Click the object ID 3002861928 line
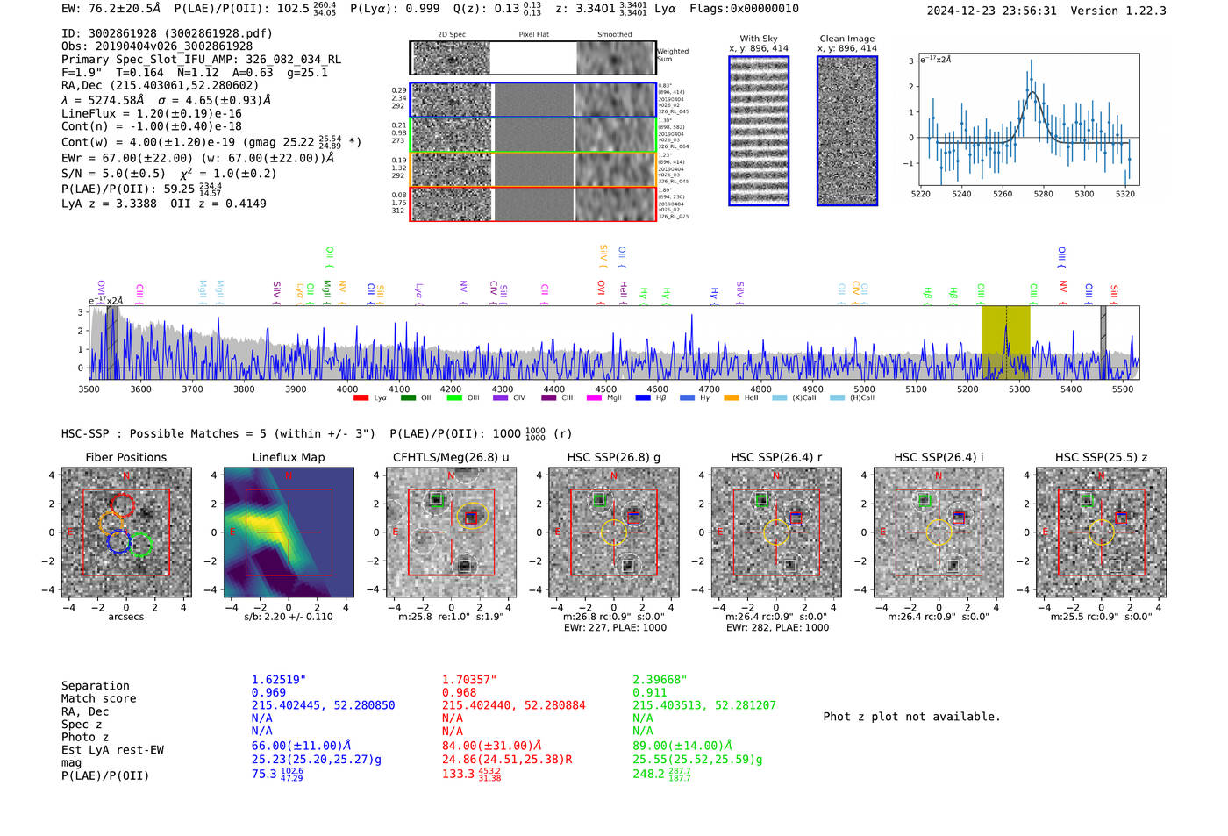click(x=167, y=33)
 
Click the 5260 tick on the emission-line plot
click(x=1003, y=194)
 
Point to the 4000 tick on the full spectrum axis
click(x=347, y=389)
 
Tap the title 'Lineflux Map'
click(x=289, y=457)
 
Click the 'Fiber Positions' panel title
click(x=125, y=457)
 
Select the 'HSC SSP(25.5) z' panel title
click(x=1101, y=457)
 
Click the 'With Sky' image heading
click(x=759, y=39)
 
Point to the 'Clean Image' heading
click(x=846, y=39)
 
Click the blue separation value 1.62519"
click(x=278, y=680)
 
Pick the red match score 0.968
click(x=459, y=693)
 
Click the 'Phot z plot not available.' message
click(x=911, y=717)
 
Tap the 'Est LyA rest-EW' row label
click(x=112, y=750)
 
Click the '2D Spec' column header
click(x=451, y=35)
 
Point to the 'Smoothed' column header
click(x=614, y=35)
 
